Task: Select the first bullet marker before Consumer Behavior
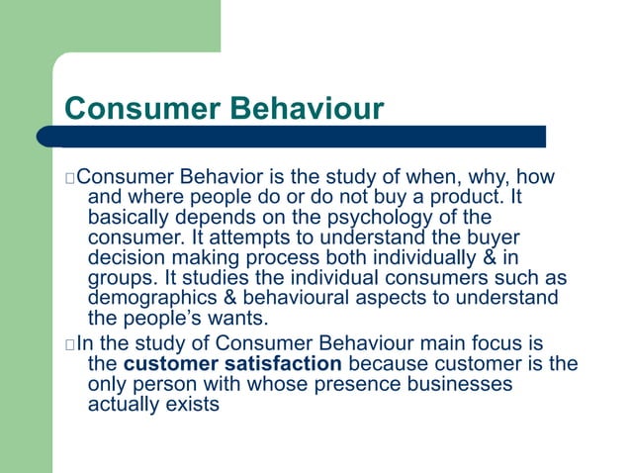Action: (x=68, y=179)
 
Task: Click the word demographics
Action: (x=150, y=298)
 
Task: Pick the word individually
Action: (x=420, y=258)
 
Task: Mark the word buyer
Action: (x=493, y=238)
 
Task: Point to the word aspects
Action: (x=380, y=298)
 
